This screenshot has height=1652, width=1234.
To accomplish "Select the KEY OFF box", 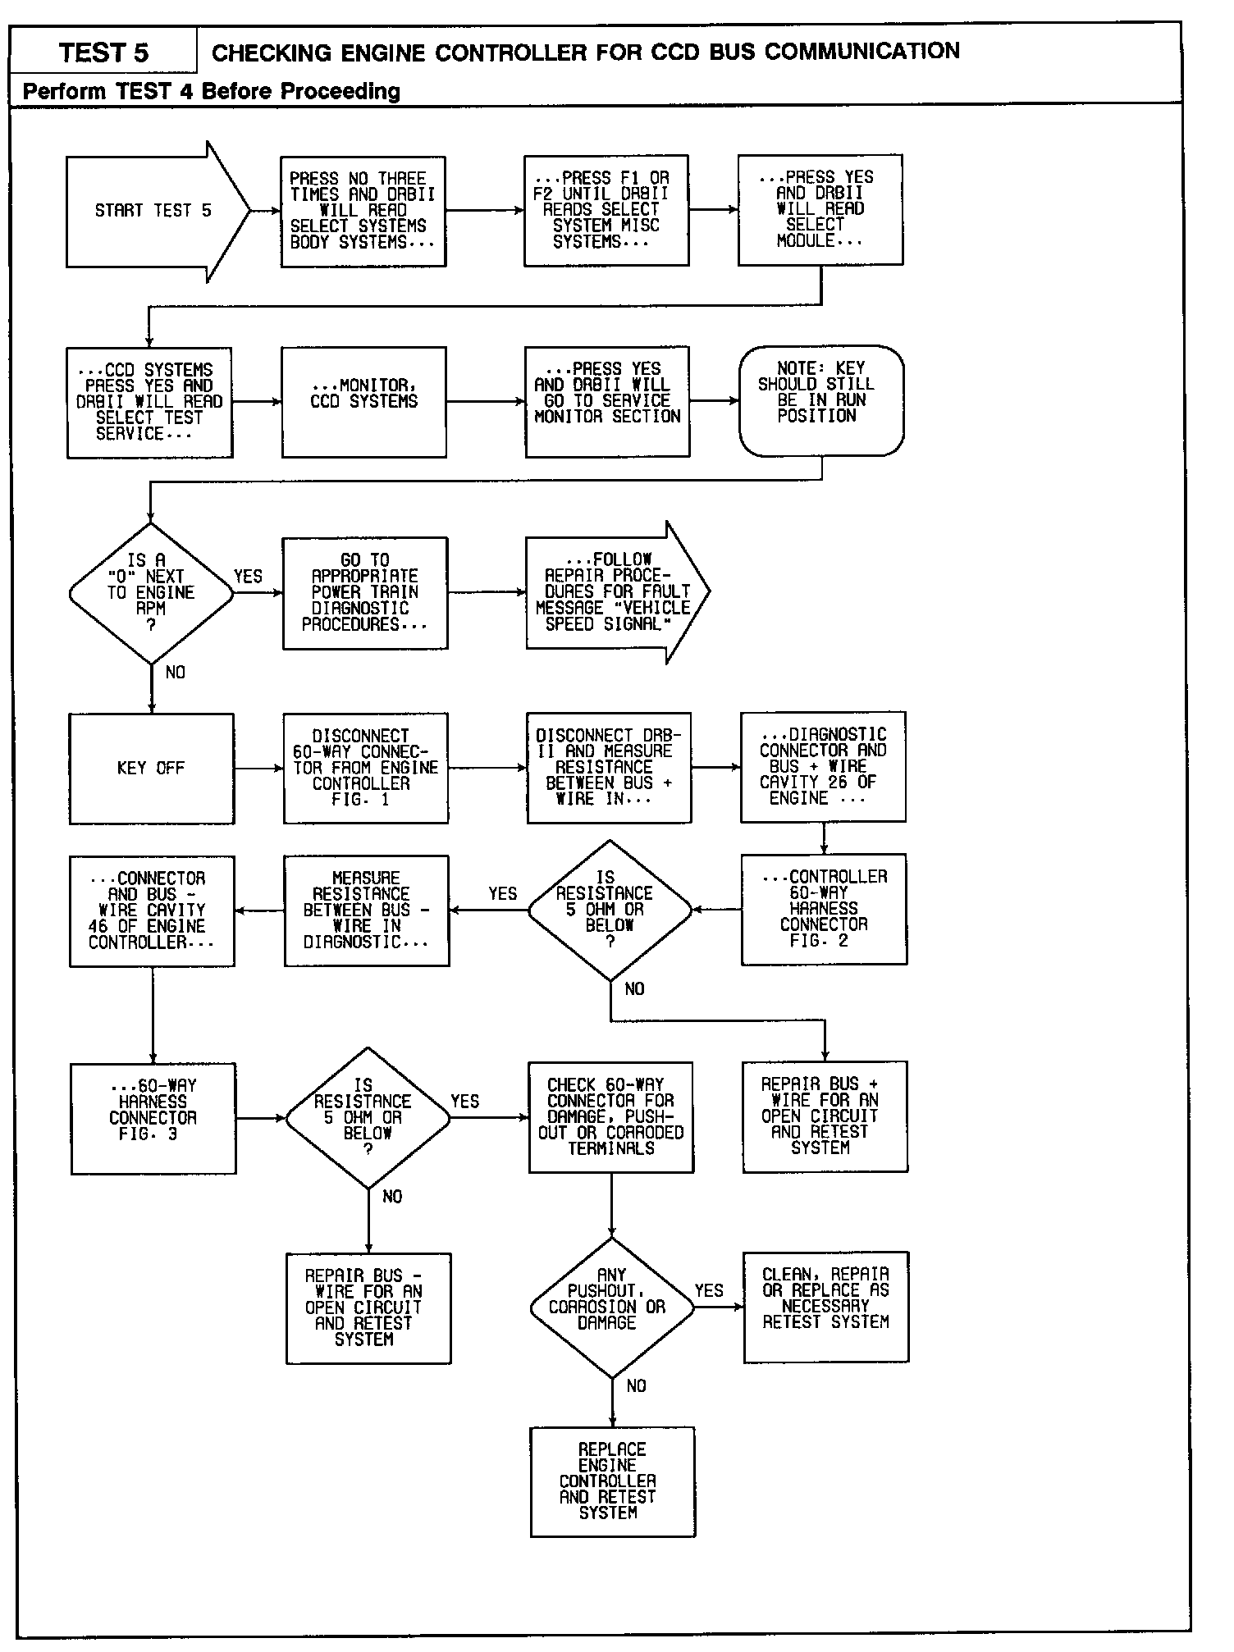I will (151, 769).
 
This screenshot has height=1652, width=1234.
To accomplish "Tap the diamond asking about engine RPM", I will (151, 593).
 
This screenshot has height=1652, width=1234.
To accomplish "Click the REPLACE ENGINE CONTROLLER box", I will (612, 1481).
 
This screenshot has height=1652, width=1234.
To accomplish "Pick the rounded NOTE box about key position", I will (820, 400).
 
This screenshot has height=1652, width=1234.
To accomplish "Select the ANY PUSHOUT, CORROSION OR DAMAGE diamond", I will (611, 1307).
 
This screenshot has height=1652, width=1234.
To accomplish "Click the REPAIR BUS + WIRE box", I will (824, 1116).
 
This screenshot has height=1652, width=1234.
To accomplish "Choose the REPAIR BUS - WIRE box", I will (368, 1308).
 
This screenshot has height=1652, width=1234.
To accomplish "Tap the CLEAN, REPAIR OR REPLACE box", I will (825, 1307).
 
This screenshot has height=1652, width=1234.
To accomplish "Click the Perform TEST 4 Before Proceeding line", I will (212, 91).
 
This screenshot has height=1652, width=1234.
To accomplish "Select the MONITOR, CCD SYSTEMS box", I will (363, 401).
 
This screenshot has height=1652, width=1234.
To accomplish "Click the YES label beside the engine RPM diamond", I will (248, 577).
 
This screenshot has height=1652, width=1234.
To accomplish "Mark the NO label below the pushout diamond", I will (636, 1385).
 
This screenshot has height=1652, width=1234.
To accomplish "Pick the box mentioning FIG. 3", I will (153, 1118).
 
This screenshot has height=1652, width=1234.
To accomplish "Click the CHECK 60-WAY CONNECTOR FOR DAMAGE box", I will (610, 1116).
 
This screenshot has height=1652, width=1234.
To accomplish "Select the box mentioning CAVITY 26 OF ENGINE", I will (823, 767).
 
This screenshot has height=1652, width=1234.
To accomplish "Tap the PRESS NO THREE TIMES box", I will (363, 212).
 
